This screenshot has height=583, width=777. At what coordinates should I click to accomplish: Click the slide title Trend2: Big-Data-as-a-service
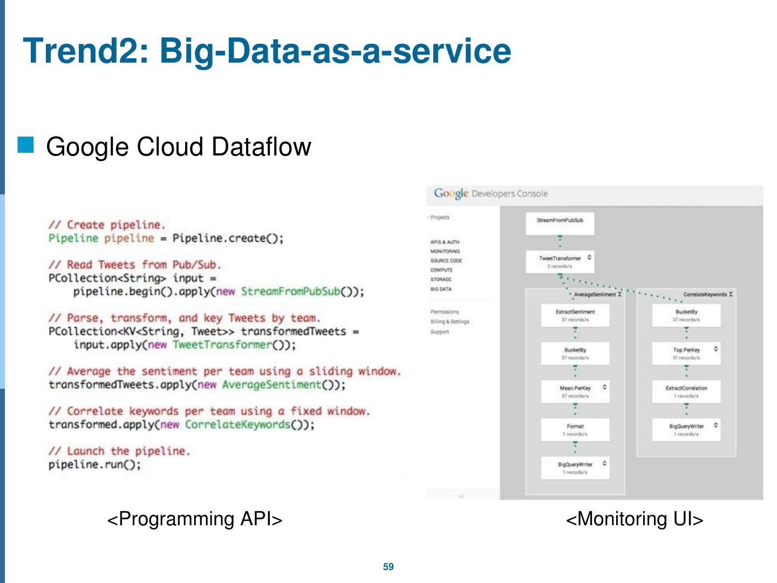coord(267,51)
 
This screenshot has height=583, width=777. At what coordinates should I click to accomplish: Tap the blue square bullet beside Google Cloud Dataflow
coord(26,145)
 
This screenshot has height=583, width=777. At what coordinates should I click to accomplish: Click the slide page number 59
coord(388,567)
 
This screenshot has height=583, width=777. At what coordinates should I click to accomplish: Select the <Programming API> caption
coord(195,519)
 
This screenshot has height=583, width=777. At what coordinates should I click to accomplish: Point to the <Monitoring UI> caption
coord(635,519)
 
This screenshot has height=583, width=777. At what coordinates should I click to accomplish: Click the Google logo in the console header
coord(451,193)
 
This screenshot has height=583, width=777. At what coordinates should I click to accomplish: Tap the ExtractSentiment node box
coord(575,315)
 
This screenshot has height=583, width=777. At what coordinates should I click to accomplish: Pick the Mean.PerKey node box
coord(575,391)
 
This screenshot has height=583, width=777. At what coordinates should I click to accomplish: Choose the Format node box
coord(575,430)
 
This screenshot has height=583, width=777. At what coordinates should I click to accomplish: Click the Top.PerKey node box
coord(686,353)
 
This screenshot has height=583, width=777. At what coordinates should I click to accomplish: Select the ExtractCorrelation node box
coord(686,391)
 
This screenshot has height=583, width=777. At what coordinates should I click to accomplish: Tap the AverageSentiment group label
coord(595,295)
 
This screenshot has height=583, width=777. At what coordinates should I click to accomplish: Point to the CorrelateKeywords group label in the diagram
coord(705,295)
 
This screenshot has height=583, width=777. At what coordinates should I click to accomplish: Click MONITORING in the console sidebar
coord(445,252)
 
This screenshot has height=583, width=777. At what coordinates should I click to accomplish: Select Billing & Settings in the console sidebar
coord(450,322)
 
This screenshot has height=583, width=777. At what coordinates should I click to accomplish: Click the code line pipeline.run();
coord(95,465)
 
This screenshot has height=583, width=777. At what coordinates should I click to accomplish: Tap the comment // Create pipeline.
coord(107,225)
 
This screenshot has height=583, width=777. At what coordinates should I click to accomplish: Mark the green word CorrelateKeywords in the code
coord(237,425)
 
